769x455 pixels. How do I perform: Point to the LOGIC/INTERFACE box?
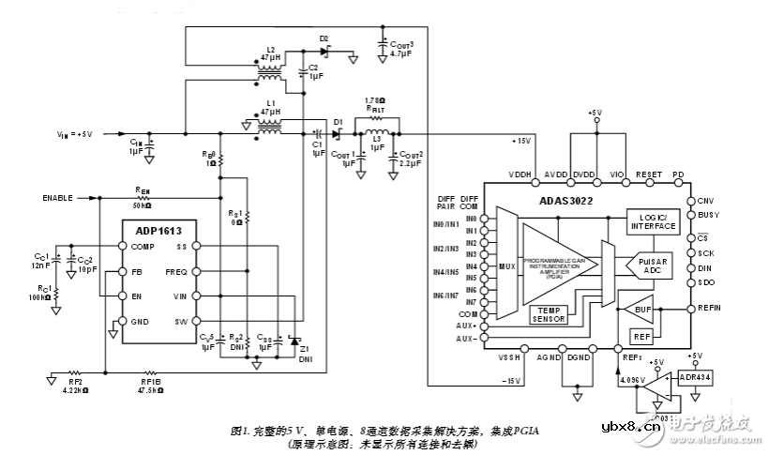click(x=653, y=220)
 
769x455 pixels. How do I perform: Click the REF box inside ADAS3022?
click(x=641, y=336)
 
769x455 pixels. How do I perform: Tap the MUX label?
click(x=506, y=265)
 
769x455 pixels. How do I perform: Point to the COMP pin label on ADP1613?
click(x=143, y=248)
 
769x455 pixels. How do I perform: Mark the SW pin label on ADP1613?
click(x=181, y=322)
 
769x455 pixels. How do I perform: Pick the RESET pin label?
click(x=648, y=174)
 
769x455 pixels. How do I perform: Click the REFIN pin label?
click(x=710, y=308)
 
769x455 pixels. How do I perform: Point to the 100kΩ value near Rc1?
click(x=39, y=296)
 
